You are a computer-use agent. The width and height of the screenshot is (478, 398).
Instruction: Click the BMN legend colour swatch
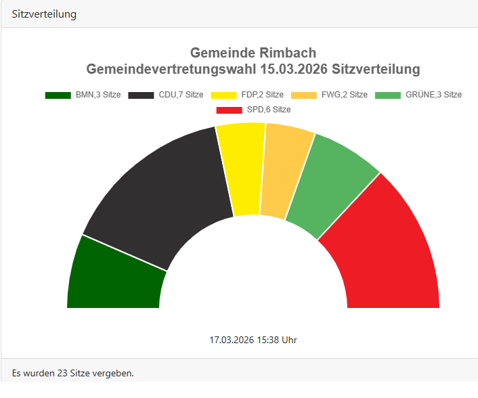[58, 95]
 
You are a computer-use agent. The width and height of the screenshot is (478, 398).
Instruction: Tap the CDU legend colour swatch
[142, 95]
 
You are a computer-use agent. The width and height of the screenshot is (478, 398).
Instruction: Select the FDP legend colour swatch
[224, 95]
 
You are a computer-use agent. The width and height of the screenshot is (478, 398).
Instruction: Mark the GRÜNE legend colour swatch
[389, 95]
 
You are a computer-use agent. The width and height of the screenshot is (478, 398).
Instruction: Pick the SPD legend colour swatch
[229, 110]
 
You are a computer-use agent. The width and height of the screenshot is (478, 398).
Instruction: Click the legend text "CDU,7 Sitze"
[181, 95]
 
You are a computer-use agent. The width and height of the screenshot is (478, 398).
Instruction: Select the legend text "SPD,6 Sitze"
[269, 110]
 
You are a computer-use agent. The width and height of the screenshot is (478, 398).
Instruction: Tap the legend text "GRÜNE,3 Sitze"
[433, 95]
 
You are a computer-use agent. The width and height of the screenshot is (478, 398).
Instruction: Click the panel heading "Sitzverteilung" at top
[44, 14]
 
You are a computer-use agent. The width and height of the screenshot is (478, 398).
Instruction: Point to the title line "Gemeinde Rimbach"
[253, 53]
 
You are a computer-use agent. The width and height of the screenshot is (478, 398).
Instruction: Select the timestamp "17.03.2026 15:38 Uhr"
[253, 340]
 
